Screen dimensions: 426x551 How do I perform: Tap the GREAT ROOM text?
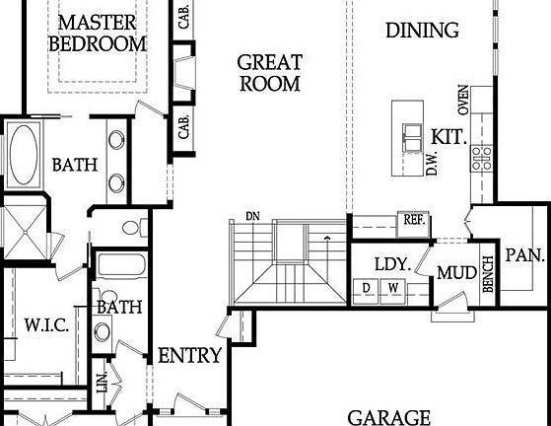269,73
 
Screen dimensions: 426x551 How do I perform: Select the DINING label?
422,30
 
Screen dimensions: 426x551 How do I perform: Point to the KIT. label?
448,135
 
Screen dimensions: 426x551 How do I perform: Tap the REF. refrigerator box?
413,221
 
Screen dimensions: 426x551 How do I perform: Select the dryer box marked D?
367,288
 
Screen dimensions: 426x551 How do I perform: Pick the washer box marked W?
392,288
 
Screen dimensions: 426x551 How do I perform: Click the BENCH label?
487,279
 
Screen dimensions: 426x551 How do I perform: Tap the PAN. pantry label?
525,254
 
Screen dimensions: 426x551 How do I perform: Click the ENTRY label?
189,355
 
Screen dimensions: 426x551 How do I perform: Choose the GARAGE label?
389,416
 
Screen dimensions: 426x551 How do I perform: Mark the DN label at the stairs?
252,216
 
